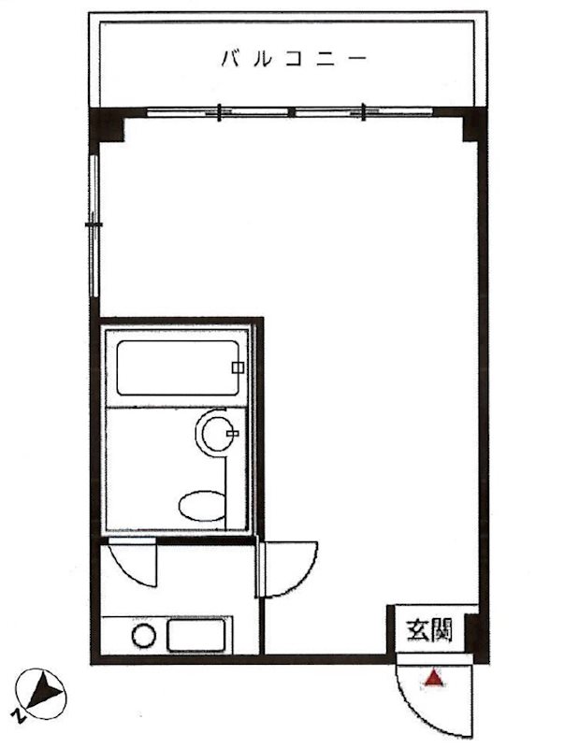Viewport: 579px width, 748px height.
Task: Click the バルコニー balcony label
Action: tap(294, 59)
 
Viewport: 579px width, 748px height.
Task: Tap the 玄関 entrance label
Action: tap(428, 629)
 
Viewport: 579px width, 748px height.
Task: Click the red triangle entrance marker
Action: tap(433, 678)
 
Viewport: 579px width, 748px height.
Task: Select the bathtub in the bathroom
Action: tap(178, 367)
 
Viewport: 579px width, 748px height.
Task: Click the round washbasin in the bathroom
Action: tap(217, 433)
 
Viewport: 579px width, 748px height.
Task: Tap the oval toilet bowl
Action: tap(202, 506)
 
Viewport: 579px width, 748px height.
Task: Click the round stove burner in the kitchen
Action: tap(144, 636)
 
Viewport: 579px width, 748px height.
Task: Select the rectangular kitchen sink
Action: tap(195, 635)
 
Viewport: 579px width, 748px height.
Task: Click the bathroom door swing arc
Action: tap(128, 570)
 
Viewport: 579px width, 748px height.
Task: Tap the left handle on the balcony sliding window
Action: tap(219, 112)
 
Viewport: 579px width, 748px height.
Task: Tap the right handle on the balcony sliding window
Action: tap(364, 112)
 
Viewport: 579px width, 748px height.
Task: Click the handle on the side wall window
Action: tap(94, 224)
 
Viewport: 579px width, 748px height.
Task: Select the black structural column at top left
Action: tap(107, 125)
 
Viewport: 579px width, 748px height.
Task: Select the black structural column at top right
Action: tap(474, 125)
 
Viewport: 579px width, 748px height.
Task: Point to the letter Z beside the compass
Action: tap(18, 715)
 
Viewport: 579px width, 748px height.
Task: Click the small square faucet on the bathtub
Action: tap(238, 367)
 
